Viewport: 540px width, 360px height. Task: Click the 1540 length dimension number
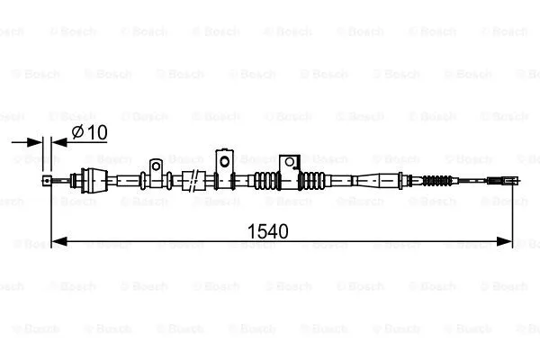267,231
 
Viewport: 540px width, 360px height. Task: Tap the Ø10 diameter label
89,132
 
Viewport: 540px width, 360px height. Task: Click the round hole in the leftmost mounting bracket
157,166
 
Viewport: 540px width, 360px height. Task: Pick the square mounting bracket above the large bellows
289,163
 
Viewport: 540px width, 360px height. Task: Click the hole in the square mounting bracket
289,162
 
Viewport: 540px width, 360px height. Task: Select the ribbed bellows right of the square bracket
312,179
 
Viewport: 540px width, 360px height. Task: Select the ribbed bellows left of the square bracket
266,180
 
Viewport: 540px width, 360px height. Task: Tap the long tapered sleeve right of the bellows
369,180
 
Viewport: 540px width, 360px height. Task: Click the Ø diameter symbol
78,132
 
